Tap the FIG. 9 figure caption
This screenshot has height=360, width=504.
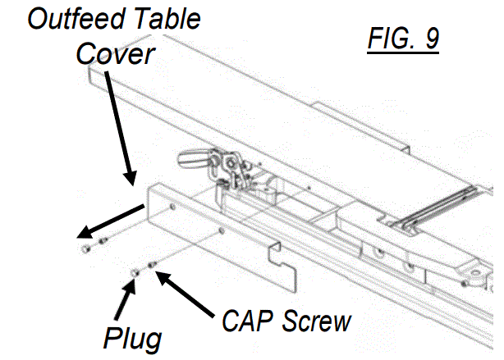(x=401, y=39)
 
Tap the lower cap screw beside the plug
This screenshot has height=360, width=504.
(x=153, y=263)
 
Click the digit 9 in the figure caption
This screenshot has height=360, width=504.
(x=429, y=39)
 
